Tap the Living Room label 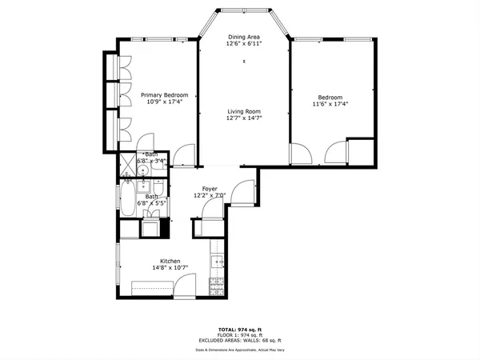tap(244, 111)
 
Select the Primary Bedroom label tap(158, 94)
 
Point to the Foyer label tap(210, 188)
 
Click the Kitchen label tap(170, 262)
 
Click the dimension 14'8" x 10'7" tap(170, 269)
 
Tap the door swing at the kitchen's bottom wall tap(186, 285)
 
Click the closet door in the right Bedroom tap(336, 150)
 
